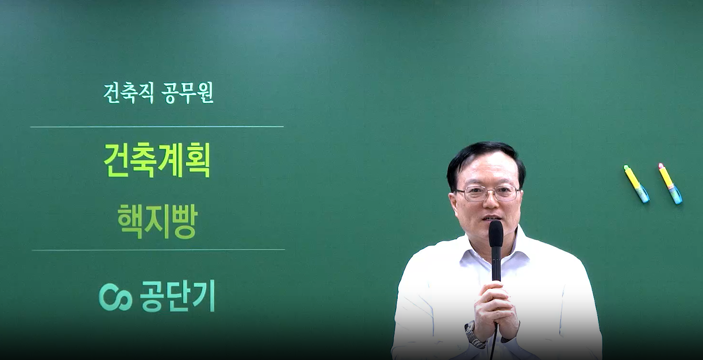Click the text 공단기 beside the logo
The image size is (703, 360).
tap(177, 296)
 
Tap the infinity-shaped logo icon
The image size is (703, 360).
tap(115, 297)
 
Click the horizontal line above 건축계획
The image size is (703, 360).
tap(157, 127)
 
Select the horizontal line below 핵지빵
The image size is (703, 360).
tap(158, 250)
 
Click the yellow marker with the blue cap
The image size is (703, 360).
tap(636, 184)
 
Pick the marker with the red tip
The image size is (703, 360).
tap(670, 183)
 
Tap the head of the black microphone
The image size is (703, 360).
tap(496, 233)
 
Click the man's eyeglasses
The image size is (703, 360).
tap(487, 193)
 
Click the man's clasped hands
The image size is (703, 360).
tap(496, 307)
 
